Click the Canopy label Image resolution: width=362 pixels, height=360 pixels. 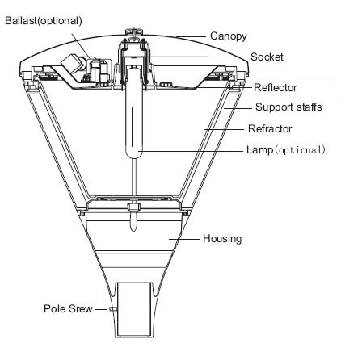pyautogui.click(x=228, y=36)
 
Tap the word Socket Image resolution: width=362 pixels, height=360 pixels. pyautogui.click(x=267, y=57)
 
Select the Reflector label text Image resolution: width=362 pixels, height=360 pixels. pyautogui.click(x=276, y=87)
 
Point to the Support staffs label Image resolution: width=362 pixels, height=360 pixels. pyautogui.click(x=288, y=107)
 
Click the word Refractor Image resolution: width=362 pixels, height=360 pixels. pyautogui.click(x=270, y=128)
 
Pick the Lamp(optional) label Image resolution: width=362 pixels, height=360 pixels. pyautogui.click(x=286, y=149)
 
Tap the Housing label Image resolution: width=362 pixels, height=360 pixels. pyautogui.click(x=222, y=239)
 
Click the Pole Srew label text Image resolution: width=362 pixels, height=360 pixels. pyautogui.click(x=68, y=308)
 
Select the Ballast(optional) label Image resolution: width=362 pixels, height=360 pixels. pyautogui.click(x=44, y=21)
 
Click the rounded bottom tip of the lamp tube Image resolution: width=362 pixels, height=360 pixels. pyautogui.click(x=134, y=157)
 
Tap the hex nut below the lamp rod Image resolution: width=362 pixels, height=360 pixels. pyautogui.click(x=134, y=207)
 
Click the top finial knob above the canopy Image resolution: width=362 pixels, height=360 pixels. pyautogui.click(x=134, y=31)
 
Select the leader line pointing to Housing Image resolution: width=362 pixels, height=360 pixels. pyautogui.click(x=184, y=239)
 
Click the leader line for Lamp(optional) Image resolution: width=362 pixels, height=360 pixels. pyautogui.click(x=192, y=151)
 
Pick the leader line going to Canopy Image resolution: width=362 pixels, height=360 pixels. pyautogui.click(x=191, y=36)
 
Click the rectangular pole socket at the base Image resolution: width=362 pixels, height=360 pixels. pyautogui.click(x=133, y=310)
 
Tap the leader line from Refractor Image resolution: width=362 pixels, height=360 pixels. pyautogui.click(x=224, y=129)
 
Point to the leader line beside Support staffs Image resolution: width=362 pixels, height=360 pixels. pyautogui.click(x=238, y=108)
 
